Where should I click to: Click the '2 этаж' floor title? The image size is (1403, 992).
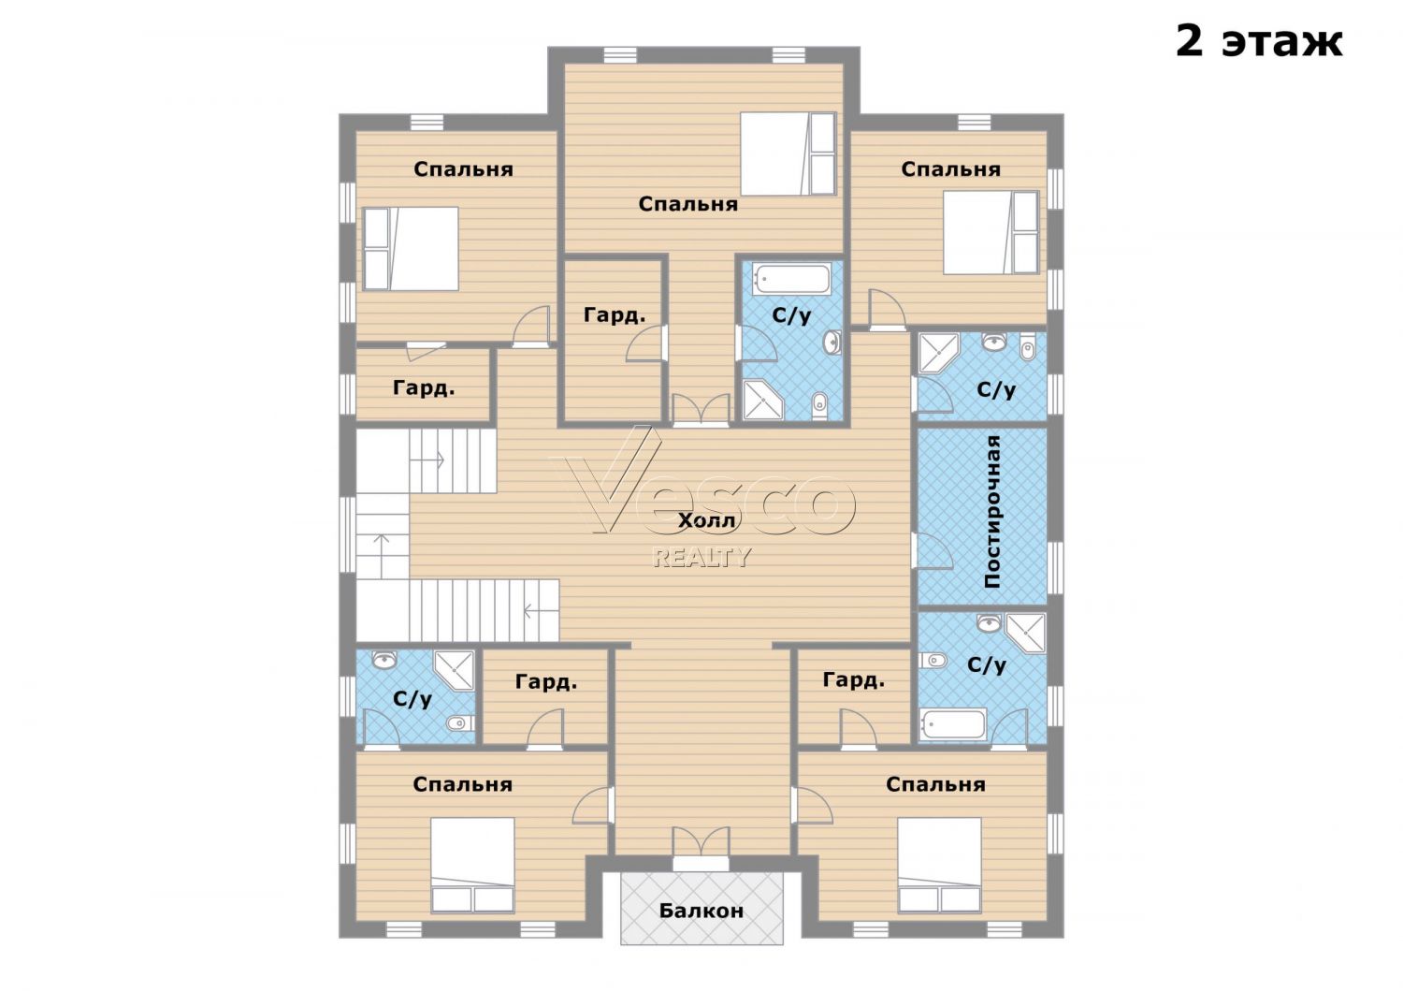1259,43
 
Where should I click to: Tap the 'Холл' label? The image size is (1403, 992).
707,520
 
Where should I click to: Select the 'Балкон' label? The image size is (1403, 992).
701,911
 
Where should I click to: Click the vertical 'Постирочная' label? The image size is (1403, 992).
992,512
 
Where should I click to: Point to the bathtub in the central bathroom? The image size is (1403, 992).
791,280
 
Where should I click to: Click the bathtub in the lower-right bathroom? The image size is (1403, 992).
953,723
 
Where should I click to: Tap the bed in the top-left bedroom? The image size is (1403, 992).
411,249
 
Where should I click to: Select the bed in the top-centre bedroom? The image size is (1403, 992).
788,153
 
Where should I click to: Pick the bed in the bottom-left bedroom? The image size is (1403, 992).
473,865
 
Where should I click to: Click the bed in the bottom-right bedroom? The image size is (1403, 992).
939,865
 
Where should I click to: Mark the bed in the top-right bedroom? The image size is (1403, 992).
991,232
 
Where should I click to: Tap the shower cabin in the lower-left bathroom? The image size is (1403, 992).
455,670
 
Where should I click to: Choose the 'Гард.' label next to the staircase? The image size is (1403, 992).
424,388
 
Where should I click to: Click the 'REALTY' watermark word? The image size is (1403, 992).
701,557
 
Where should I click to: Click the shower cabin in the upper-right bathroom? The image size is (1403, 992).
939,354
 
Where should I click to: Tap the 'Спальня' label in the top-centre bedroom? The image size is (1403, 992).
687,204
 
